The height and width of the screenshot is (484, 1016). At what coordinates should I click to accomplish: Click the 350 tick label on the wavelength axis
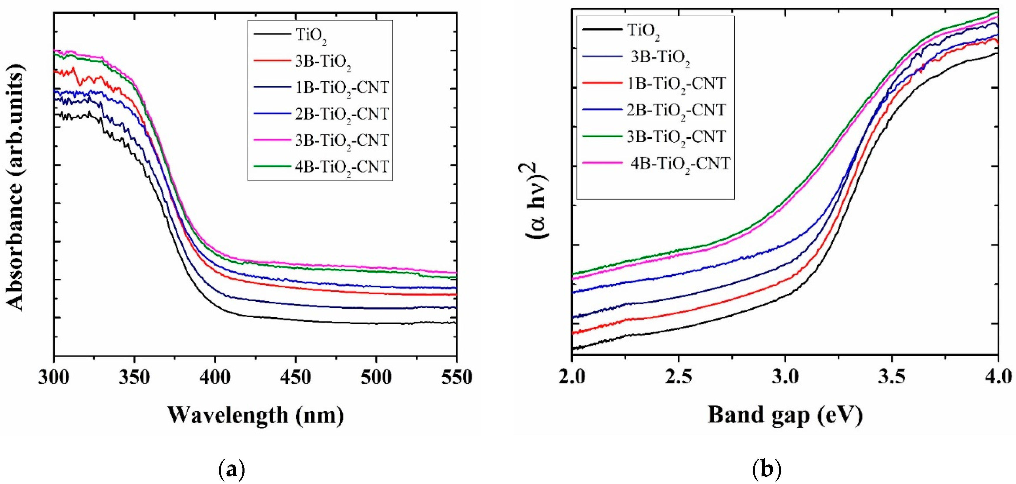pyautogui.click(x=134, y=378)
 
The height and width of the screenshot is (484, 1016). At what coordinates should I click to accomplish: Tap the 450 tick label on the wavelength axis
pyautogui.click(x=295, y=378)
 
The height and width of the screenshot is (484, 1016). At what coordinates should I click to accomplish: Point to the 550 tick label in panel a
pyautogui.click(x=456, y=378)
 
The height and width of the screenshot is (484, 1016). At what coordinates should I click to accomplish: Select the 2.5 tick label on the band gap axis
pyautogui.click(x=678, y=378)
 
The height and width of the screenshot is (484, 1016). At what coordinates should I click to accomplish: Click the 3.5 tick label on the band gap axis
pyautogui.click(x=891, y=378)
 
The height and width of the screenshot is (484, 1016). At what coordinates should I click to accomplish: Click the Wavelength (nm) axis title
pyautogui.click(x=256, y=415)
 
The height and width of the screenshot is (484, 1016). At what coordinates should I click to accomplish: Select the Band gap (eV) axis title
pyautogui.click(x=785, y=415)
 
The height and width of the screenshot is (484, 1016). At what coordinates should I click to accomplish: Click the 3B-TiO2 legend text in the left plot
pyautogui.click(x=323, y=62)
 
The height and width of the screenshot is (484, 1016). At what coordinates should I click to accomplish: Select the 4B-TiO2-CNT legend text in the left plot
pyautogui.click(x=342, y=167)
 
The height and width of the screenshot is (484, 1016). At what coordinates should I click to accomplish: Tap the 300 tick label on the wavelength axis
pyautogui.click(x=54, y=378)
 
